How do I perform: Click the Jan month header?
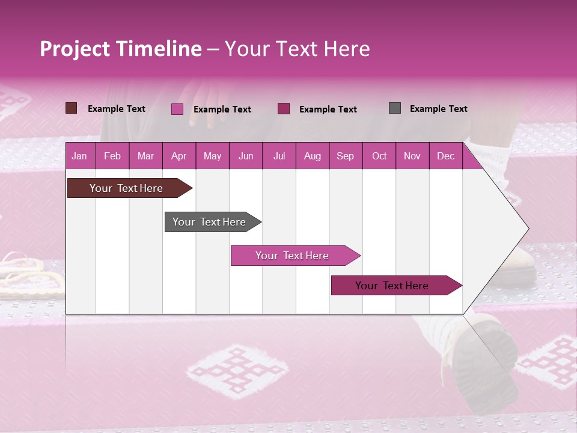[x=79, y=156]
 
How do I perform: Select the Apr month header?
[x=179, y=156]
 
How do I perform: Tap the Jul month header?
[x=279, y=156]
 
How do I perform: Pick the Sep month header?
[x=345, y=156]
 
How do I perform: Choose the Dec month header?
[x=445, y=156]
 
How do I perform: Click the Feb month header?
[x=112, y=156]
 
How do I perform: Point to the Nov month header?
[x=412, y=156]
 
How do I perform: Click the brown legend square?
[x=71, y=108]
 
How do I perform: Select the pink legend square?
[x=177, y=109]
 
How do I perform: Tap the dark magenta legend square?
[x=284, y=109]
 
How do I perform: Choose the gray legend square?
[x=395, y=108]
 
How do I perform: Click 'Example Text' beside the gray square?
[x=438, y=109]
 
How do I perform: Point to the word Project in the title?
[x=75, y=49]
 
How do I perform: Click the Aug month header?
[x=312, y=156]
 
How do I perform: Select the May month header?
[x=212, y=156]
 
